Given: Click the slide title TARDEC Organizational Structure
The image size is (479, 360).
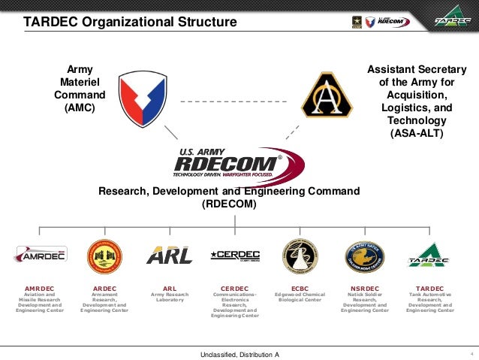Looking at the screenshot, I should (x=130, y=22).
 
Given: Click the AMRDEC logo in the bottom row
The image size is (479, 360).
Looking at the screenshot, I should (x=40, y=254).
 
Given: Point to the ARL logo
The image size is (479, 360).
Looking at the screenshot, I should (x=169, y=256).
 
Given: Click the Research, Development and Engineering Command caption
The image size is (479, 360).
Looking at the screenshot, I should (x=229, y=197).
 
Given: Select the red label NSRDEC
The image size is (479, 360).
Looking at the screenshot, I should (x=365, y=288).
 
